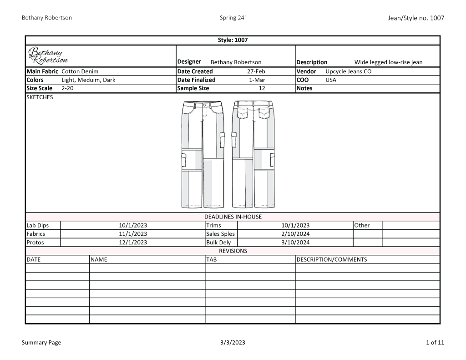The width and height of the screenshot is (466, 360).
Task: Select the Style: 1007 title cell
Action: [233, 40]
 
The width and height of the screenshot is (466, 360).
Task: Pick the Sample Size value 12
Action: [262, 89]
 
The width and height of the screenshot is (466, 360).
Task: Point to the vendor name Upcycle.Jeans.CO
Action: [349, 71]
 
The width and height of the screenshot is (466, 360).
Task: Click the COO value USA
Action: [331, 80]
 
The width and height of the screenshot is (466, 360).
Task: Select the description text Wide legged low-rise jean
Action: [388, 62]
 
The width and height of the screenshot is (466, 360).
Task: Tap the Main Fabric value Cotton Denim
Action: [80, 71]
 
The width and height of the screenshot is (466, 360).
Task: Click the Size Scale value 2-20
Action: [67, 89]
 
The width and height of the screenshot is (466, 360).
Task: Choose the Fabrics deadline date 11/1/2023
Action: [133, 234]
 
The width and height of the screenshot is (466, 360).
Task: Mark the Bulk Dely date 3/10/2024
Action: [295, 243]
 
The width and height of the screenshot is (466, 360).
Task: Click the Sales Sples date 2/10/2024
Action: [295, 234]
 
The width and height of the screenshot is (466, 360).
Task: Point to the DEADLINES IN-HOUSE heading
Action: [233, 217]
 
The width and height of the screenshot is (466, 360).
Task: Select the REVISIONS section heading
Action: [233, 251]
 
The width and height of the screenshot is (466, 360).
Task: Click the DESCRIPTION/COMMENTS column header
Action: [331, 260]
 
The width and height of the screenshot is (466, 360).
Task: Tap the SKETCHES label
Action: [40, 97]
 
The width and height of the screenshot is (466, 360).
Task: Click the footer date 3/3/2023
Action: [232, 343]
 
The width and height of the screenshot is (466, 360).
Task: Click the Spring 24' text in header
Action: [233, 18]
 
